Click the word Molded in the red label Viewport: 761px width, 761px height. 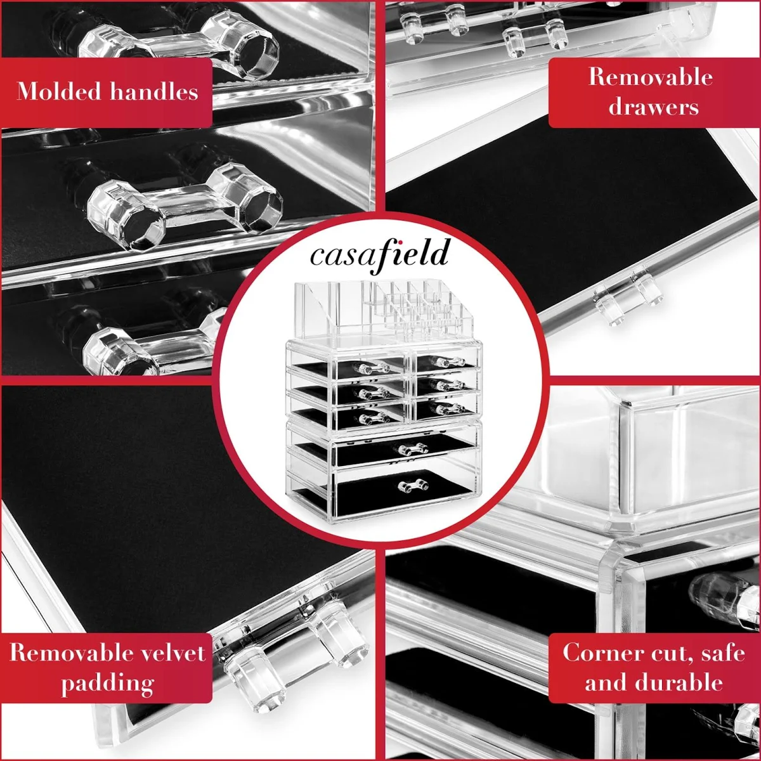(x=59, y=91)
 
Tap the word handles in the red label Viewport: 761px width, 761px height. (x=153, y=91)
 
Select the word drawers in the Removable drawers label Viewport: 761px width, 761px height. (x=653, y=107)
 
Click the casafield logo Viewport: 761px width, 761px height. (x=380, y=254)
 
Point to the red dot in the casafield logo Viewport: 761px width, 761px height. (x=400, y=242)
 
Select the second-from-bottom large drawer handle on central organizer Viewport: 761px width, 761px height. (x=413, y=449)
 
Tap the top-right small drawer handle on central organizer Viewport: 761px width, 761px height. (x=447, y=361)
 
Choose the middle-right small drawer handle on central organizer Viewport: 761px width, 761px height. (x=447, y=384)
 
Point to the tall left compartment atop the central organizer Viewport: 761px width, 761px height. (x=315, y=309)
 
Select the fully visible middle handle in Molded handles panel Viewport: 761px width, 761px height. (x=185, y=206)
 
